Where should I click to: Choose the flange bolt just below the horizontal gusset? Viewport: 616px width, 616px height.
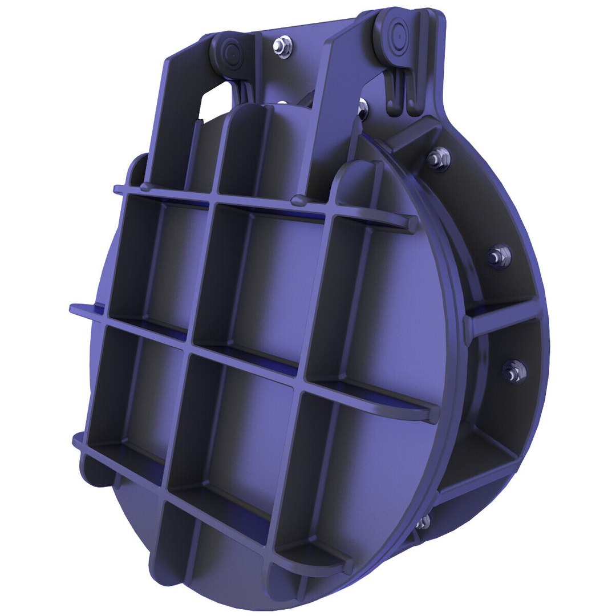click(514, 371)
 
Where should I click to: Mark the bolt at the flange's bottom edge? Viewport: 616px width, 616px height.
click(422, 522)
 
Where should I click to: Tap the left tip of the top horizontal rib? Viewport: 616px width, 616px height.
click(117, 189)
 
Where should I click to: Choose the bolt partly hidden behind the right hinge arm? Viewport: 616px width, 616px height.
click(362, 106)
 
